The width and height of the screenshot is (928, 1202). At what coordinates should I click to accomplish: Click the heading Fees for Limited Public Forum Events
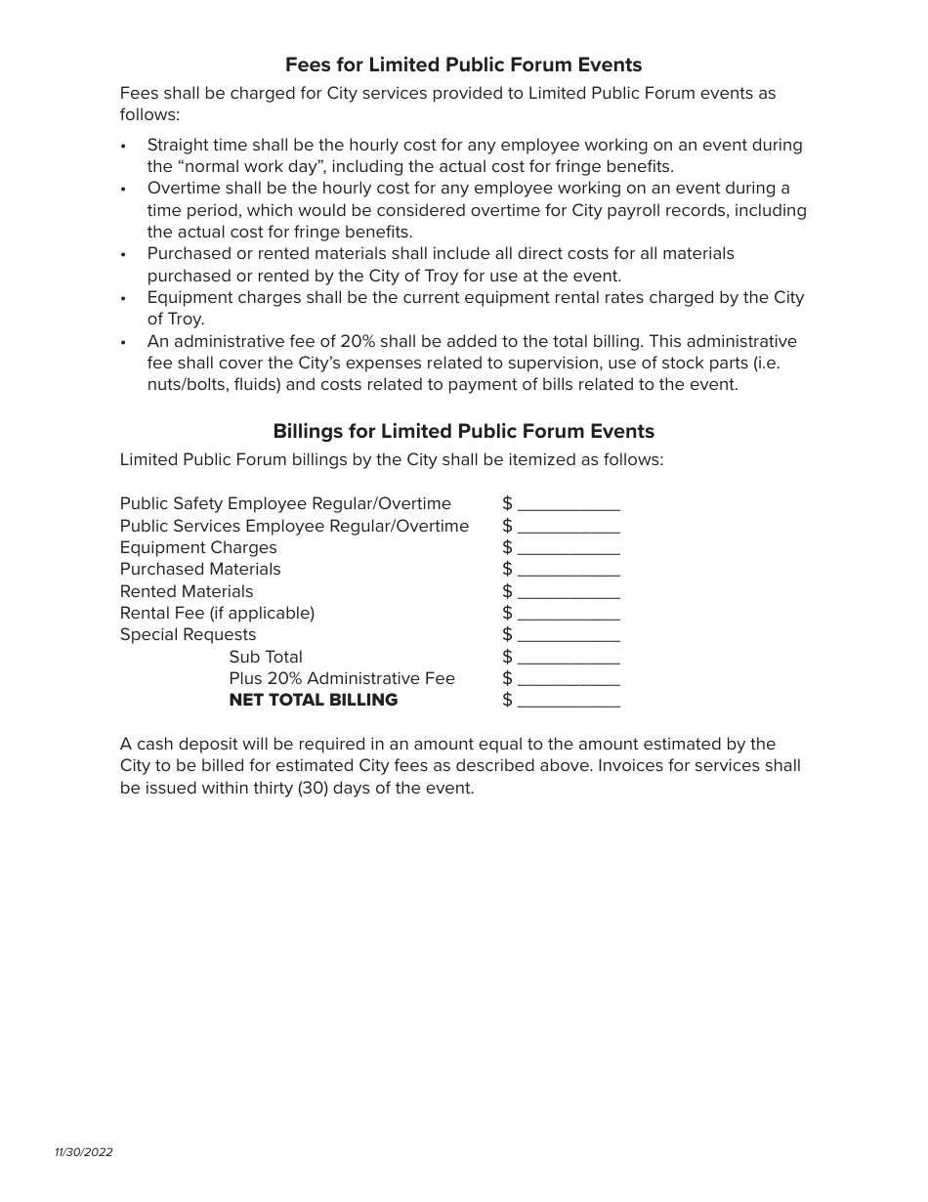tap(463, 65)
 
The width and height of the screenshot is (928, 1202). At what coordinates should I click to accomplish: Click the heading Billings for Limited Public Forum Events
tap(463, 431)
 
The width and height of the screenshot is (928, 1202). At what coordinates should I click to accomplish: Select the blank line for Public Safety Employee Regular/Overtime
tap(569, 505)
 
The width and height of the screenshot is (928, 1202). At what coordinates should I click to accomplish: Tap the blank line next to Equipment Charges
tap(569, 549)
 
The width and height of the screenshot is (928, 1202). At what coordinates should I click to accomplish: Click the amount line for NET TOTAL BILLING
tap(569, 702)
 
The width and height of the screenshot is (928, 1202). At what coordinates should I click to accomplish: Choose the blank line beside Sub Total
tap(569, 659)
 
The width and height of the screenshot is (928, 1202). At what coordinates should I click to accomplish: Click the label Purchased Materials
tap(200, 570)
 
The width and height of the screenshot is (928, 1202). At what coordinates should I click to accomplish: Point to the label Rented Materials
tap(187, 592)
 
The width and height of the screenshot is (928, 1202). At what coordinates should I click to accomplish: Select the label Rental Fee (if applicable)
tap(217, 614)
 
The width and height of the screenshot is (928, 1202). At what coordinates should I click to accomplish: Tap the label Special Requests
tap(188, 635)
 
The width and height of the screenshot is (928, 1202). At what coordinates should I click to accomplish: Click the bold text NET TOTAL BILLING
tap(313, 701)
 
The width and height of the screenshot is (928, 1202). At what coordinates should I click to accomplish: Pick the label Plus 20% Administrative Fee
tap(342, 678)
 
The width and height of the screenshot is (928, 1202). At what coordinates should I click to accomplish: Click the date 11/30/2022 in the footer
tap(84, 1152)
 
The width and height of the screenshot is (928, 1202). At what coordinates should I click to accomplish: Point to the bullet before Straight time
tap(123, 146)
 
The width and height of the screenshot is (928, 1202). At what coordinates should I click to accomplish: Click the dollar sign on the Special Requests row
tap(507, 635)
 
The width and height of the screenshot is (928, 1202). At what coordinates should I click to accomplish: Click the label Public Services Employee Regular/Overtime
tap(294, 527)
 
